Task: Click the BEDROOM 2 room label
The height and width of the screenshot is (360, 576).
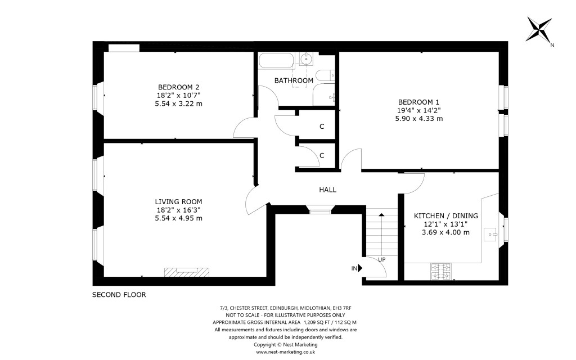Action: pos(178,87)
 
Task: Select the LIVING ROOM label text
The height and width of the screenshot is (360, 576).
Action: pos(178,201)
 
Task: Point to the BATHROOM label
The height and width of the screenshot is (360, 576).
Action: pos(294,80)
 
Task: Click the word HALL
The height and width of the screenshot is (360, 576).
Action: pos(327,190)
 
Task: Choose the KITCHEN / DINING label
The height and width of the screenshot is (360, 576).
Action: pos(445,215)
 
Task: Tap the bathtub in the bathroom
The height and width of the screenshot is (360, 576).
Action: pos(276,60)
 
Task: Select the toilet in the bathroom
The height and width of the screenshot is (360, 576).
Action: pos(325,75)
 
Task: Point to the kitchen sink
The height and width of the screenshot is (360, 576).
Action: pos(493,231)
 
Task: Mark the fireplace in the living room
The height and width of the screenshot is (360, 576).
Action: pos(187,272)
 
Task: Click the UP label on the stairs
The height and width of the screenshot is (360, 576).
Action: pos(382,259)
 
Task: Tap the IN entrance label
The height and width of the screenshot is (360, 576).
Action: pos(354,269)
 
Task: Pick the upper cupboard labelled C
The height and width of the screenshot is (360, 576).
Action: pos(322,126)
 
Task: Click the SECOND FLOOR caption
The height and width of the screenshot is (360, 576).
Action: pos(119,295)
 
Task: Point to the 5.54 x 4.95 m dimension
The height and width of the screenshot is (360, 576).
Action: pos(178,218)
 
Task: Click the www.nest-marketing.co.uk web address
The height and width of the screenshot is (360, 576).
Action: pos(285,352)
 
